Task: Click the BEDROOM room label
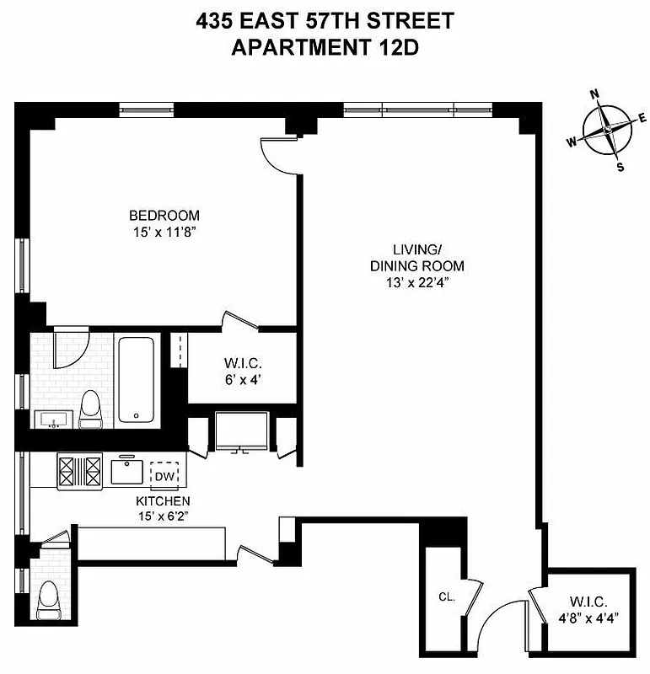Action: (164, 215)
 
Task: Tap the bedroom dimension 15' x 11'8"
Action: (164, 231)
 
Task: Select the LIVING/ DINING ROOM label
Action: (416, 258)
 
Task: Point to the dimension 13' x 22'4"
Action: (416, 282)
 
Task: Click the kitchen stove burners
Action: (79, 472)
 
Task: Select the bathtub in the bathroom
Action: (136, 381)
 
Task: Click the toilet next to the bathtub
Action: (89, 408)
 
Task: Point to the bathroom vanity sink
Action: (54, 419)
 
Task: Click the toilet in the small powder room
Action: (49, 601)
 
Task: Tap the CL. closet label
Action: (446, 596)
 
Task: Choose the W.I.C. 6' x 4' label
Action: (243, 371)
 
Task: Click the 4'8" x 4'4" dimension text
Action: (589, 618)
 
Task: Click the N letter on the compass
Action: (594, 94)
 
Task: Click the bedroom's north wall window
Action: (147, 109)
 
